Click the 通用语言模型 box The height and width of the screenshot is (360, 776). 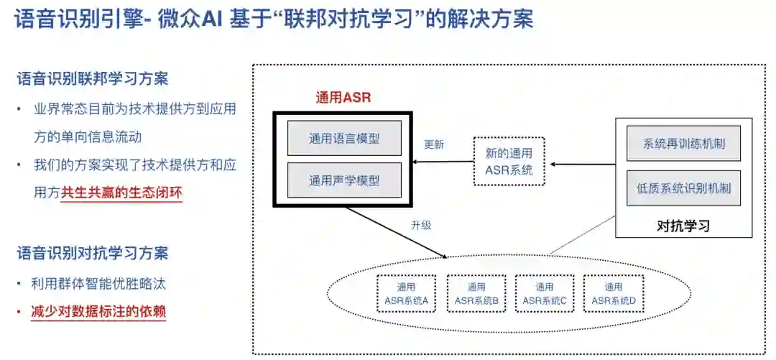tap(344, 139)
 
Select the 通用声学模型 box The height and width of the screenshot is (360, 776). tap(344, 180)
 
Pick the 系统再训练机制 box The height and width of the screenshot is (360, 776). tap(683, 143)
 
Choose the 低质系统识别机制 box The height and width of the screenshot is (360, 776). tap(683, 188)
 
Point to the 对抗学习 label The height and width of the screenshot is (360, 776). tap(683, 226)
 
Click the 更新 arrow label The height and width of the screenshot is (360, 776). tap(434, 144)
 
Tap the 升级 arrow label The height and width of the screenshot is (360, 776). tap(421, 226)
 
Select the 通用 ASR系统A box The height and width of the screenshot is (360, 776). tap(406, 293)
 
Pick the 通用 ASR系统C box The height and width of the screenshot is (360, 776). tap(544, 293)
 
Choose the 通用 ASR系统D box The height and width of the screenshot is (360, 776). tap(613, 293)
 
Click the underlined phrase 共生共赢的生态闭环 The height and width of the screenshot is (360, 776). tap(121, 192)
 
